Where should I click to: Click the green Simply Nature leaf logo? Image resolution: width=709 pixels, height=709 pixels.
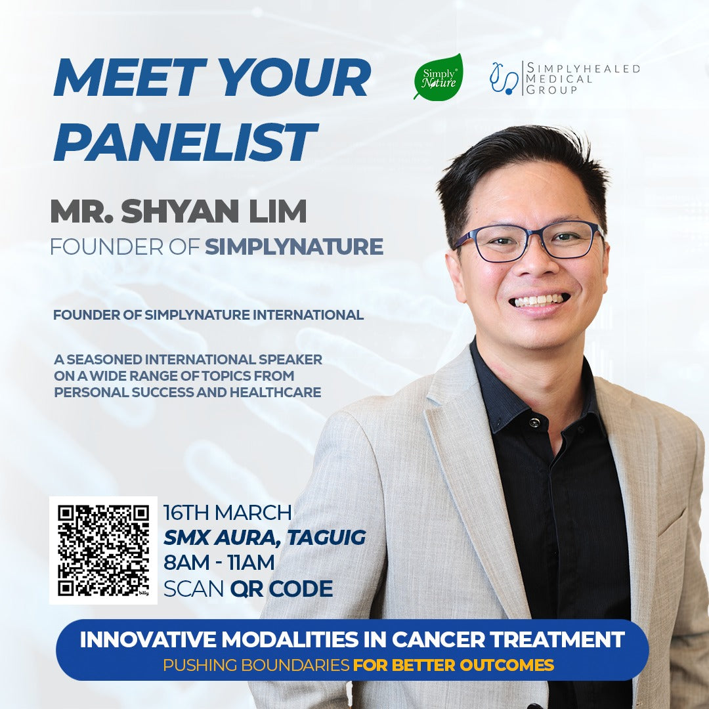pos(438,76)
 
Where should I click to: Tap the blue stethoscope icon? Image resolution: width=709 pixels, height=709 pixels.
pos(504,79)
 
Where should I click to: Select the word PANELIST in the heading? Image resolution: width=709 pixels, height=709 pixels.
pos(185,142)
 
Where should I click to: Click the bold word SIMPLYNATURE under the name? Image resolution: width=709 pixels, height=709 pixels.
pos(294,247)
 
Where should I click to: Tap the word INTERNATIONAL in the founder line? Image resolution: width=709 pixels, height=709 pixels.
pos(308,314)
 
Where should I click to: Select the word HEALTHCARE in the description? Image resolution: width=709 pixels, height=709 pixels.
pos(275,392)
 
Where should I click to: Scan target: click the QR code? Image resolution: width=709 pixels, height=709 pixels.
pos(103,550)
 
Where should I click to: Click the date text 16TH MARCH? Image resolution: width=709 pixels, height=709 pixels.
pos(227,513)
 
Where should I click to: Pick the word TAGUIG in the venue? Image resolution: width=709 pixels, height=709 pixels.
pos(326,538)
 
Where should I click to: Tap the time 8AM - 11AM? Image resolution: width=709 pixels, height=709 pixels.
pos(219,563)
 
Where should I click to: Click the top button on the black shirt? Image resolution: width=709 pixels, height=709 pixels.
pos(534,423)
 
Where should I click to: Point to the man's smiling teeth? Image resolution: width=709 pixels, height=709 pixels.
pos(538,301)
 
